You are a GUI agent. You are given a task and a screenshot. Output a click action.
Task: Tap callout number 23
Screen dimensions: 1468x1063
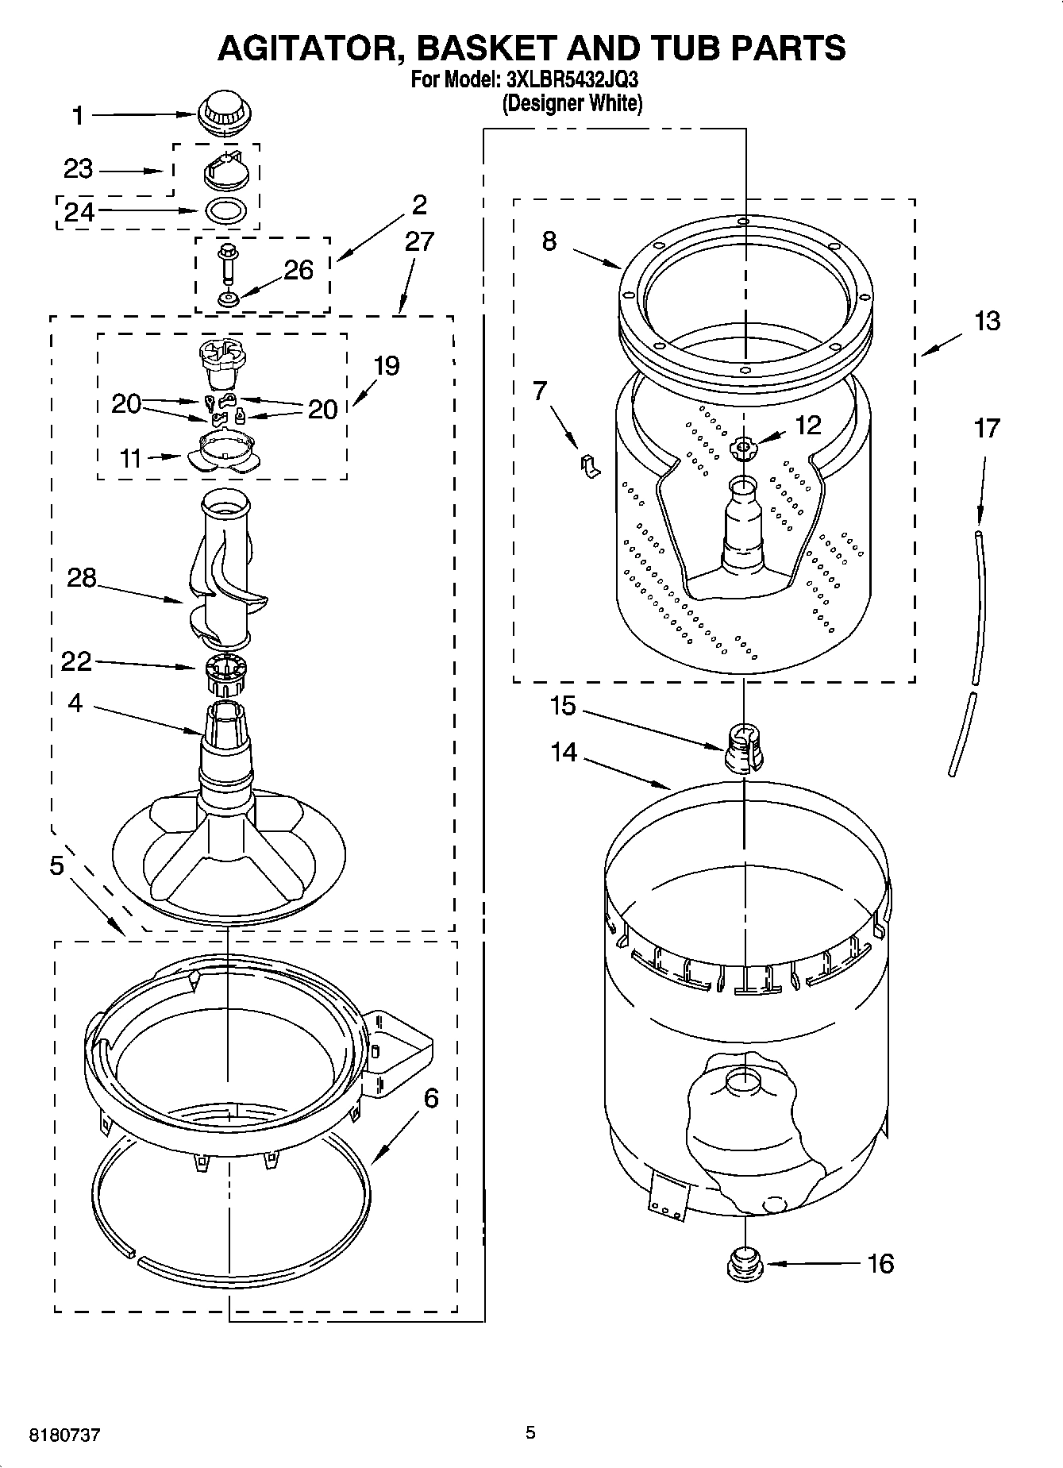[x=78, y=169]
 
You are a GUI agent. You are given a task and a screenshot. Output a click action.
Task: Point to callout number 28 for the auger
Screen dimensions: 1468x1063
[x=81, y=578]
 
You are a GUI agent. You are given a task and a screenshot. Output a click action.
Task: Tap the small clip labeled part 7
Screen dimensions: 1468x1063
[x=589, y=466]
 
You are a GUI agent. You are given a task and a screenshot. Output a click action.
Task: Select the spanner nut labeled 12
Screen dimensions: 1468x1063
[x=742, y=449]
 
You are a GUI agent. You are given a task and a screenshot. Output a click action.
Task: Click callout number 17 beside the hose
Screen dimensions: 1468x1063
[x=987, y=429]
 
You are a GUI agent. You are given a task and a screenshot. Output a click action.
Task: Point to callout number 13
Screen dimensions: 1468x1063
[x=987, y=322]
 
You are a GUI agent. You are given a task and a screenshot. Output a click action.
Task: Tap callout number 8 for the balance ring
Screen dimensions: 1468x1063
[x=549, y=241]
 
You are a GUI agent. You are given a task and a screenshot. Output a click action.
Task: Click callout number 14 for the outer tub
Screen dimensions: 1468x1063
[x=564, y=751]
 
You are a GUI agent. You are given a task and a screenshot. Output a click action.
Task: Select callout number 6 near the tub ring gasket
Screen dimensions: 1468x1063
[x=430, y=1098]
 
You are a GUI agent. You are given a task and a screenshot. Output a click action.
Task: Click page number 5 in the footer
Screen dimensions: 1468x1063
[x=530, y=1432]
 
